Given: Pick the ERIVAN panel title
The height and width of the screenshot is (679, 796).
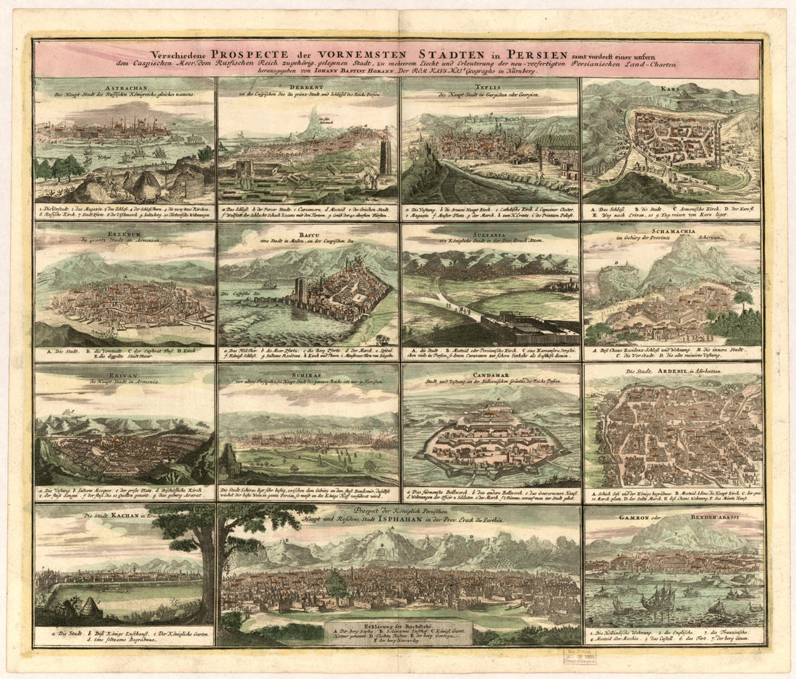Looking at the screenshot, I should [124, 376].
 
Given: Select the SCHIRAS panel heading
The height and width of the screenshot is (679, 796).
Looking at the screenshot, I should [308, 376].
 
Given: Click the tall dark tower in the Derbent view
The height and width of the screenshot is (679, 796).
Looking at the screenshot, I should [385, 157].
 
